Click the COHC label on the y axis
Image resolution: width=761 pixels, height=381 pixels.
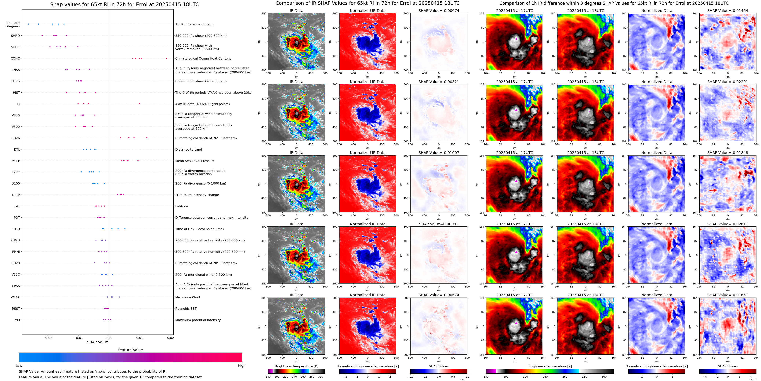(x=15, y=59)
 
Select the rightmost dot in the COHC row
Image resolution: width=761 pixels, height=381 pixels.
(x=166, y=58)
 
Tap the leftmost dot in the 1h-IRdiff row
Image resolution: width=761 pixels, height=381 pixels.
(x=29, y=24)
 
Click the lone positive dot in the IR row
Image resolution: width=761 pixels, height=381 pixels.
(x=140, y=104)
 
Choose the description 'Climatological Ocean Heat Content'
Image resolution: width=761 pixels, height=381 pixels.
(x=203, y=59)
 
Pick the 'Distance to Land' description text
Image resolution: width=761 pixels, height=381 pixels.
(x=188, y=150)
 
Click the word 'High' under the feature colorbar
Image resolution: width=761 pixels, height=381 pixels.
(x=241, y=366)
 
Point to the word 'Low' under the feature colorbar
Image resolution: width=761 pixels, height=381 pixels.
(x=19, y=366)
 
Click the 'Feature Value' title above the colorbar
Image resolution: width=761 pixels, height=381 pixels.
(x=130, y=350)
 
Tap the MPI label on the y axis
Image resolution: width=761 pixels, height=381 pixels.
(x=17, y=320)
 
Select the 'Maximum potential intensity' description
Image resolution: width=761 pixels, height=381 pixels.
(x=198, y=320)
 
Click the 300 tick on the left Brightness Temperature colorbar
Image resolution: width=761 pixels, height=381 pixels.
(x=321, y=377)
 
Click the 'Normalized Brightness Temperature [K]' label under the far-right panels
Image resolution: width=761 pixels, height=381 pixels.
(x=656, y=366)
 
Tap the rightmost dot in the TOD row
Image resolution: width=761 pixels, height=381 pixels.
(x=125, y=229)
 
